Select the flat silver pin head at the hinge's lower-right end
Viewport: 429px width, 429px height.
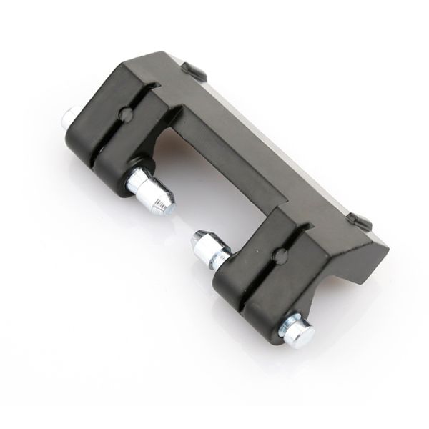pos(298,332)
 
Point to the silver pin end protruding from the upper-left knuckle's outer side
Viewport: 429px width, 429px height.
pos(69,116)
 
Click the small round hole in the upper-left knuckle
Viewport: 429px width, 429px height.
pos(126,114)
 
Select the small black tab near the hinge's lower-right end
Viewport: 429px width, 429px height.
pos(360,221)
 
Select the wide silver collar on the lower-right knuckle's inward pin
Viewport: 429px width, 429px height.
pos(213,252)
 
